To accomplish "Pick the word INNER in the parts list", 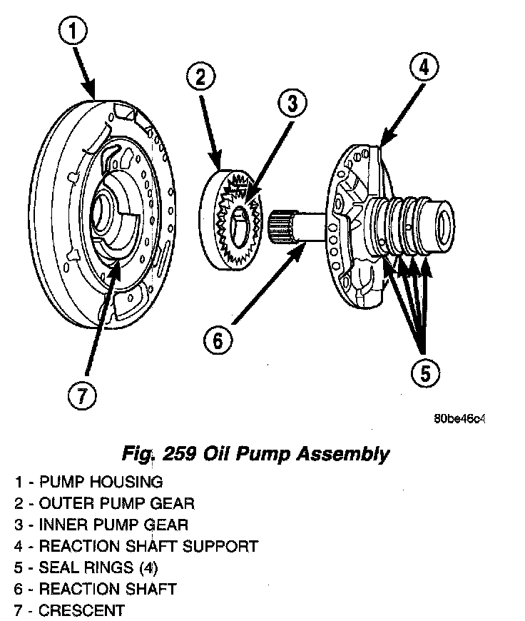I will coord(63,525).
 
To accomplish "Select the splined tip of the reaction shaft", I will coord(280,223).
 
